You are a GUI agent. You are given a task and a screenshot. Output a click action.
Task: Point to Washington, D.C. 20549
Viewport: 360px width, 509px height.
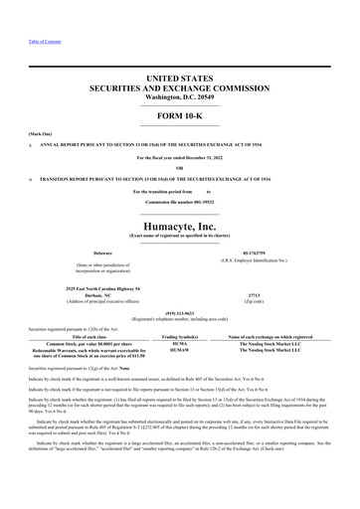(x=180, y=95)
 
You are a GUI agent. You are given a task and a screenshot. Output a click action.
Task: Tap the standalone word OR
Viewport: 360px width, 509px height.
(x=180, y=165)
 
